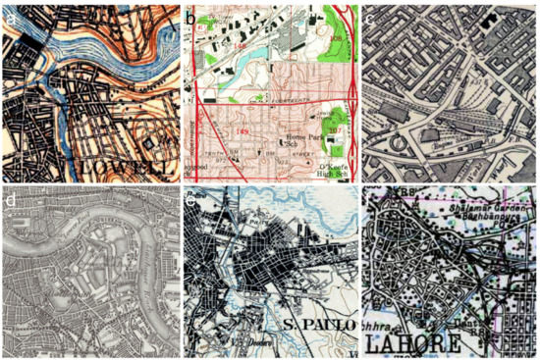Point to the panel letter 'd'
coord(11,202)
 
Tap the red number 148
coord(241,43)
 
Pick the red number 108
coord(337,38)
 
